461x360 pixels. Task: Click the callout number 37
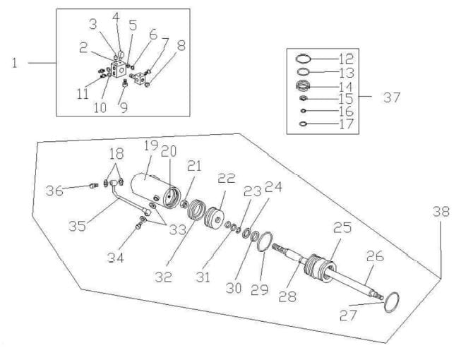(x=392, y=97)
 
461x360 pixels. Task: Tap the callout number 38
(x=441, y=211)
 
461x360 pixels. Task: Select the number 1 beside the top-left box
(x=14, y=64)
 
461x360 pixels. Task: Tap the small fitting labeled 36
(x=93, y=186)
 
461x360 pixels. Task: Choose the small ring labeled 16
(x=303, y=111)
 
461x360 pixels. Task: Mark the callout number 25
(x=342, y=228)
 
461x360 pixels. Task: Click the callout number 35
(x=78, y=226)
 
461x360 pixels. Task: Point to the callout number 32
(x=164, y=277)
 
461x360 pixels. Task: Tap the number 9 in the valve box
(x=124, y=107)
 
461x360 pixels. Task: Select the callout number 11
(x=83, y=95)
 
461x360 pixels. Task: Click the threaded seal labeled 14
(x=303, y=86)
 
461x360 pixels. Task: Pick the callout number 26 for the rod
(x=375, y=256)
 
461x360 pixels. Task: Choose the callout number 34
(x=116, y=258)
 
